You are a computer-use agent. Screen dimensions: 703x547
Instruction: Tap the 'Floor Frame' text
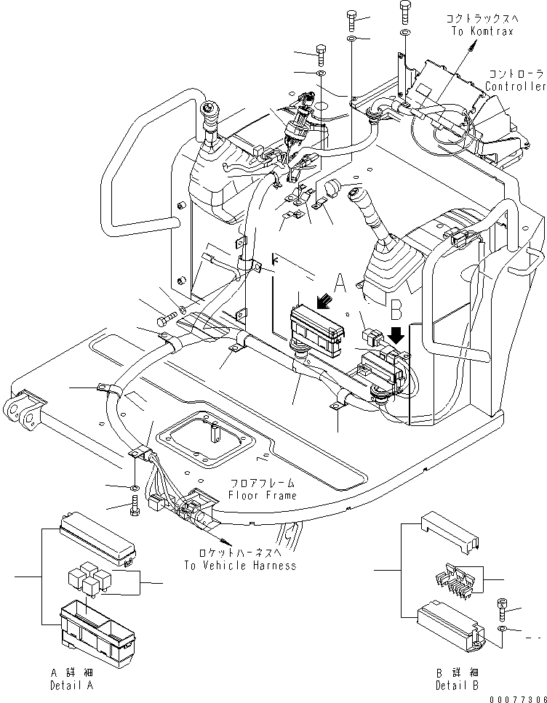[262, 496]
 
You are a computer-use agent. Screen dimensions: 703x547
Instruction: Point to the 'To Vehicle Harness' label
[240, 565]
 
